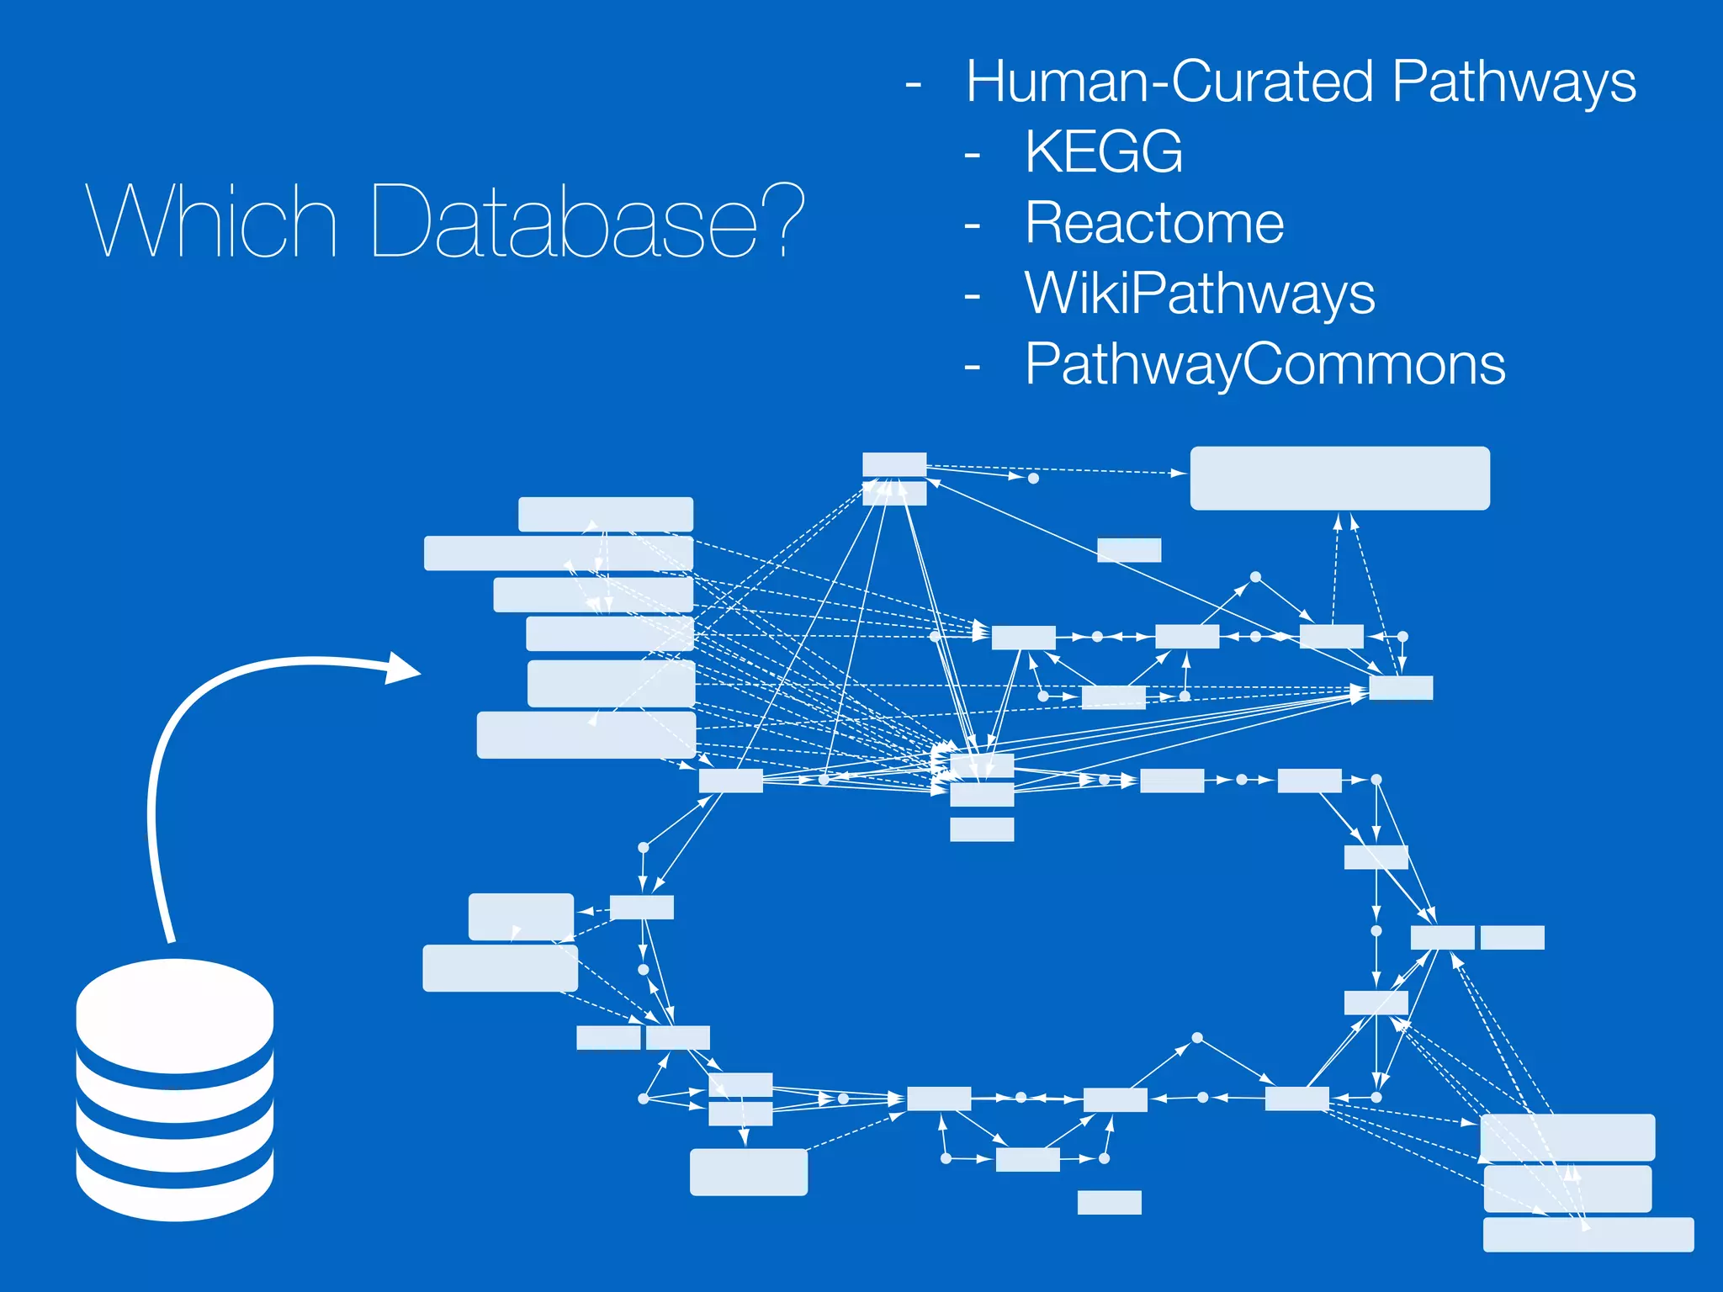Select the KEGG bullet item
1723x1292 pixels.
[1103, 152]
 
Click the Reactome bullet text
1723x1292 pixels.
[1153, 224]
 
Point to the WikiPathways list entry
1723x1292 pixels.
[1199, 294]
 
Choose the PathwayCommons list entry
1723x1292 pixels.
[1264, 365]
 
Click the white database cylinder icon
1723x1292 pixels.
[175, 1089]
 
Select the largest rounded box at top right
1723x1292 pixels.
[1339, 478]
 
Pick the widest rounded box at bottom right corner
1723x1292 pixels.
[1588, 1234]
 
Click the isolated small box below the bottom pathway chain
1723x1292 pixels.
[1109, 1202]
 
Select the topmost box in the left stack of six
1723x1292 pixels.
[605, 514]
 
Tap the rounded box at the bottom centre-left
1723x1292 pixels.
[748, 1172]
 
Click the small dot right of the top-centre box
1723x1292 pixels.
[1033, 478]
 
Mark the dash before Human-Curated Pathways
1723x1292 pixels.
[913, 84]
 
